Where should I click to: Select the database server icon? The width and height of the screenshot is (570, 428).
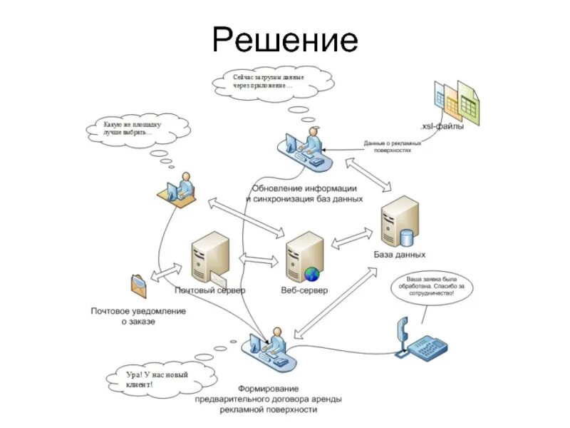click(399, 223)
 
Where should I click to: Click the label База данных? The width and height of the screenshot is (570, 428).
click(400, 255)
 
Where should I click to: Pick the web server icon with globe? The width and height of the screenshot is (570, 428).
click(304, 258)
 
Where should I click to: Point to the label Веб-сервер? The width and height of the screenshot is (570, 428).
click(304, 291)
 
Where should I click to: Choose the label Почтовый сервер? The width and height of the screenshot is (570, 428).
click(210, 291)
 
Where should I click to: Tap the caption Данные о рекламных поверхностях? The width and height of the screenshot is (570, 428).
click(393, 146)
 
